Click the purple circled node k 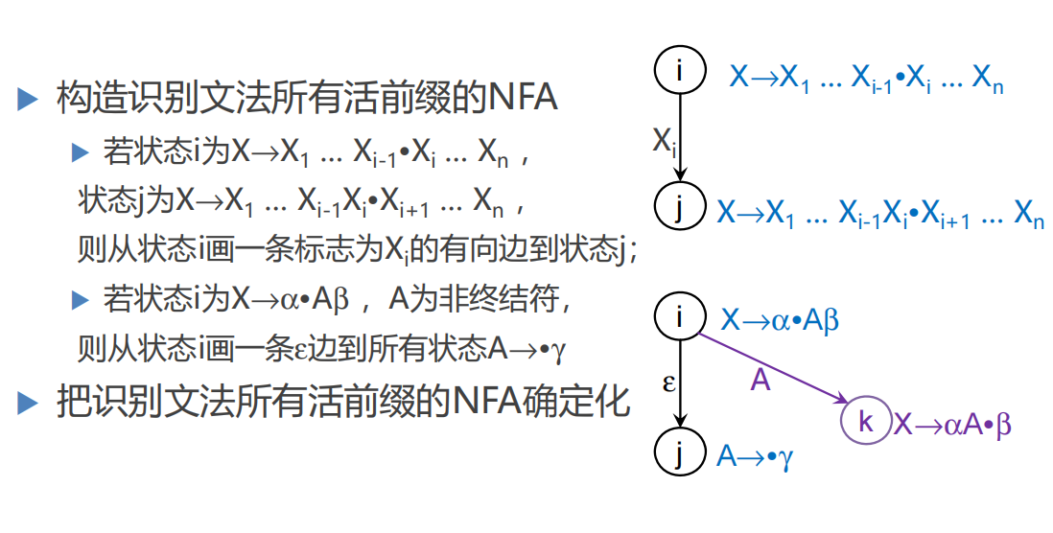click(x=865, y=423)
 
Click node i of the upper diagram click(x=679, y=70)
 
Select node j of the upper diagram click(x=679, y=205)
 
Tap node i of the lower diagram click(x=679, y=315)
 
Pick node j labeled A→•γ click(x=679, y=452)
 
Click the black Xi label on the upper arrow click(x=665, y=143)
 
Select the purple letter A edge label click(x=760, y=382)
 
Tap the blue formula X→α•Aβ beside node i click(x=779, y=319)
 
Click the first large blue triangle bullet click(x=28, y=98)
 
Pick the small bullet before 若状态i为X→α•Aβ click(x=80, y=300)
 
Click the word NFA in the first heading click(x=523, y=98)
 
